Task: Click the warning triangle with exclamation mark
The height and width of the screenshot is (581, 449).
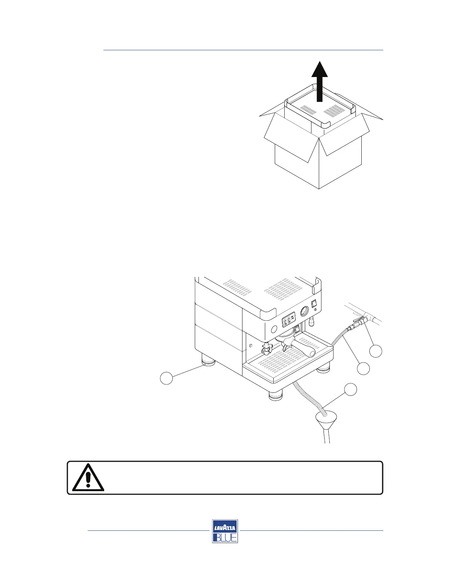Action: (88, 478)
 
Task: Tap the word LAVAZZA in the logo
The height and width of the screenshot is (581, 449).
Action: (225, 528)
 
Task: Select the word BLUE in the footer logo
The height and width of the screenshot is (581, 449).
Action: (225, 537)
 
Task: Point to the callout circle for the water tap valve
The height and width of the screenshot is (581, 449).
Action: (376, 351)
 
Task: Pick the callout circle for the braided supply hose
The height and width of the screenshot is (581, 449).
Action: (364, 369)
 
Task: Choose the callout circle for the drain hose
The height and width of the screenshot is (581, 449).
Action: (350, 390)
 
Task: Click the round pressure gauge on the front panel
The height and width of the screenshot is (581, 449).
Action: (304, 312)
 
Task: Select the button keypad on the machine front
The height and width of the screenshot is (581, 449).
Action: (288, 322)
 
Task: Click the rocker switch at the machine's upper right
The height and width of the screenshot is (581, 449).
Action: (314, 304)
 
